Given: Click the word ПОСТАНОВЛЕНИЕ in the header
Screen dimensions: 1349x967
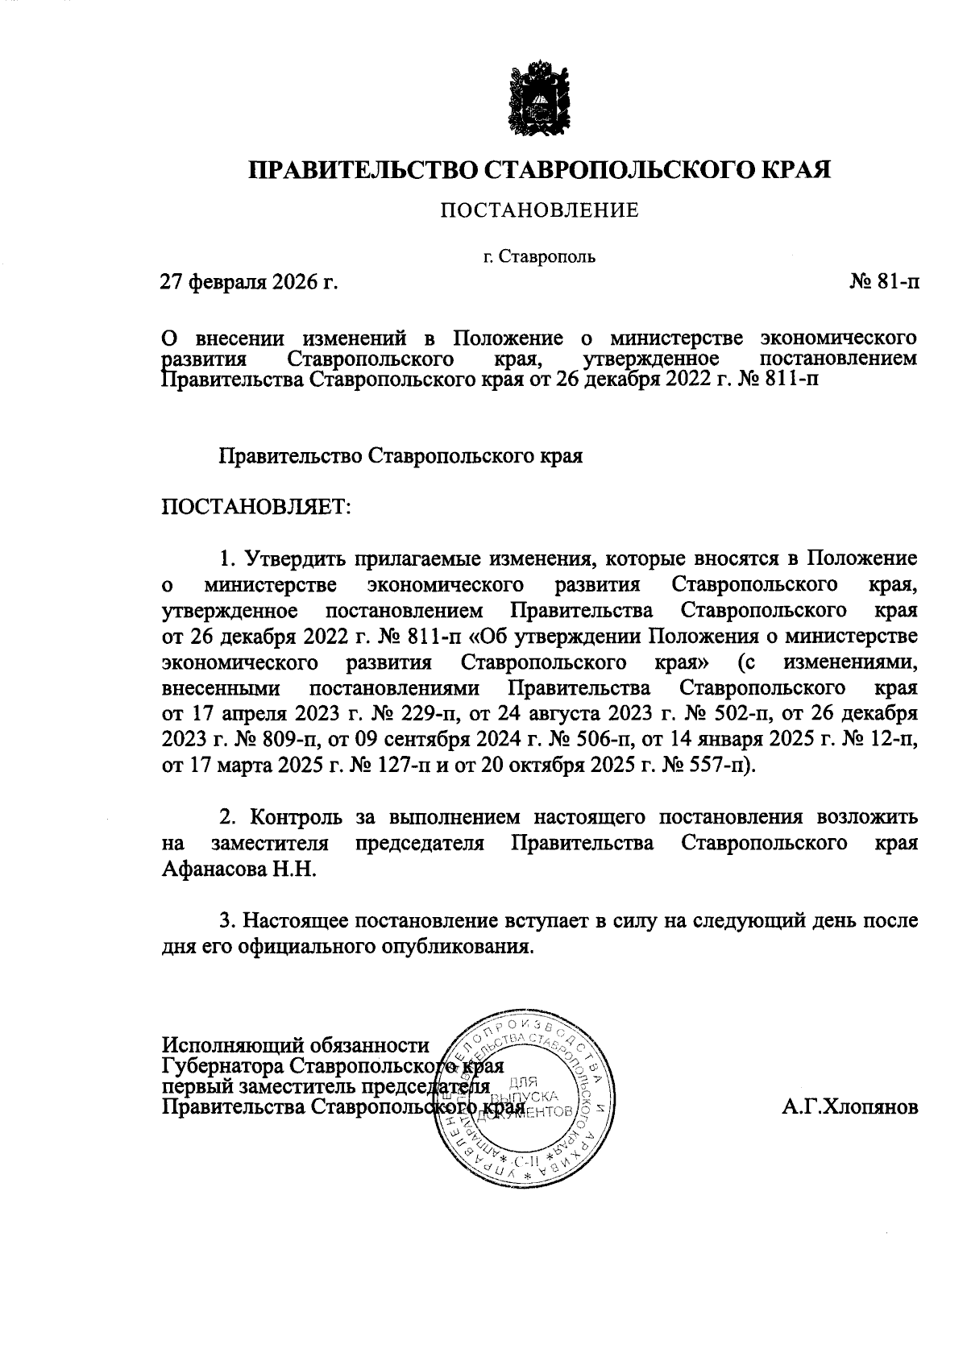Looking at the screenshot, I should [x=538, y=211].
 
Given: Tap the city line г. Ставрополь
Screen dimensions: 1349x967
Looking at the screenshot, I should [x=539, y=258].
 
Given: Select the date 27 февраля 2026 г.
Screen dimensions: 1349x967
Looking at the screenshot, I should [x=248, y=283].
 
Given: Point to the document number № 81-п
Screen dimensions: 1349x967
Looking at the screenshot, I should [x=883, y=283].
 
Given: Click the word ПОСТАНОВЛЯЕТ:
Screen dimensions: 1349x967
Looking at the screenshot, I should [x=255, y=508].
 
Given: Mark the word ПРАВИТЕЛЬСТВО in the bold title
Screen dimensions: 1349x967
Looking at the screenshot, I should [x=363, y=170].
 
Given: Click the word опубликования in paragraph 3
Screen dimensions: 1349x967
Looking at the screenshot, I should [x=462, y=946].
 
